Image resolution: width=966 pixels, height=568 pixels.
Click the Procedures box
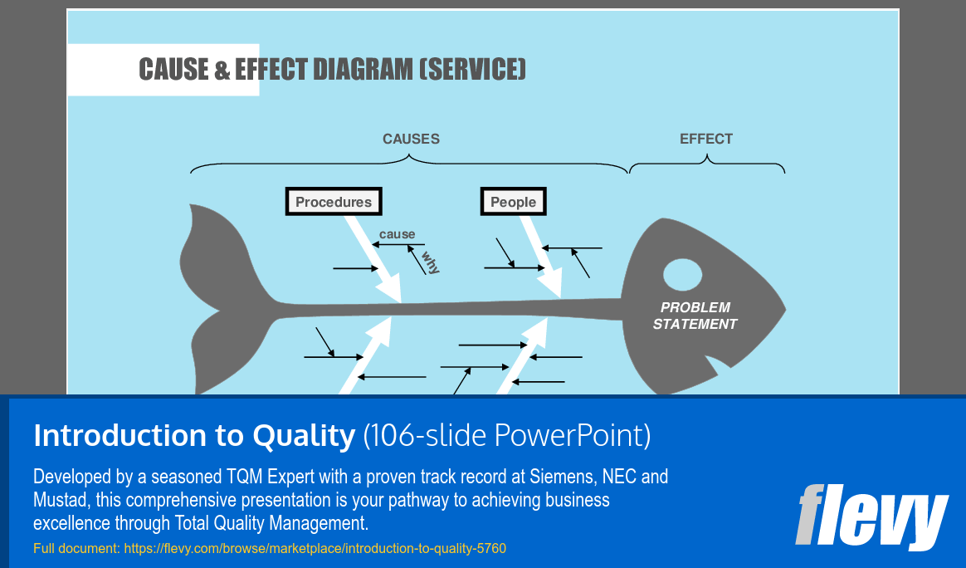(x=334, y=202)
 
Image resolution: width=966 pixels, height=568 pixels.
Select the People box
(x=513, y=202)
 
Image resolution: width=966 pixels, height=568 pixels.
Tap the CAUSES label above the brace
(x=411, y=139)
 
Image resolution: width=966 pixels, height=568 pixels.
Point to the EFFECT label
(x=706, y=139)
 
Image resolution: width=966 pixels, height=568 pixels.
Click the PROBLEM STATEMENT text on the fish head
(x=695, y=316)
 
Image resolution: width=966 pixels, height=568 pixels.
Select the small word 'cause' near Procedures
(x=397, y=234)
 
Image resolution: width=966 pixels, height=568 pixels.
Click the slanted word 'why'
(x=430, y=262)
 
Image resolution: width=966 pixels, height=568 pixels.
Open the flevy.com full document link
(x=315, y=548)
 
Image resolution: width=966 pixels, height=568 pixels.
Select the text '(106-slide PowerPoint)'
(x=506, y=435)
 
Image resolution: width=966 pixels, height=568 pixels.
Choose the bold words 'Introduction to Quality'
(x=194, y=435)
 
